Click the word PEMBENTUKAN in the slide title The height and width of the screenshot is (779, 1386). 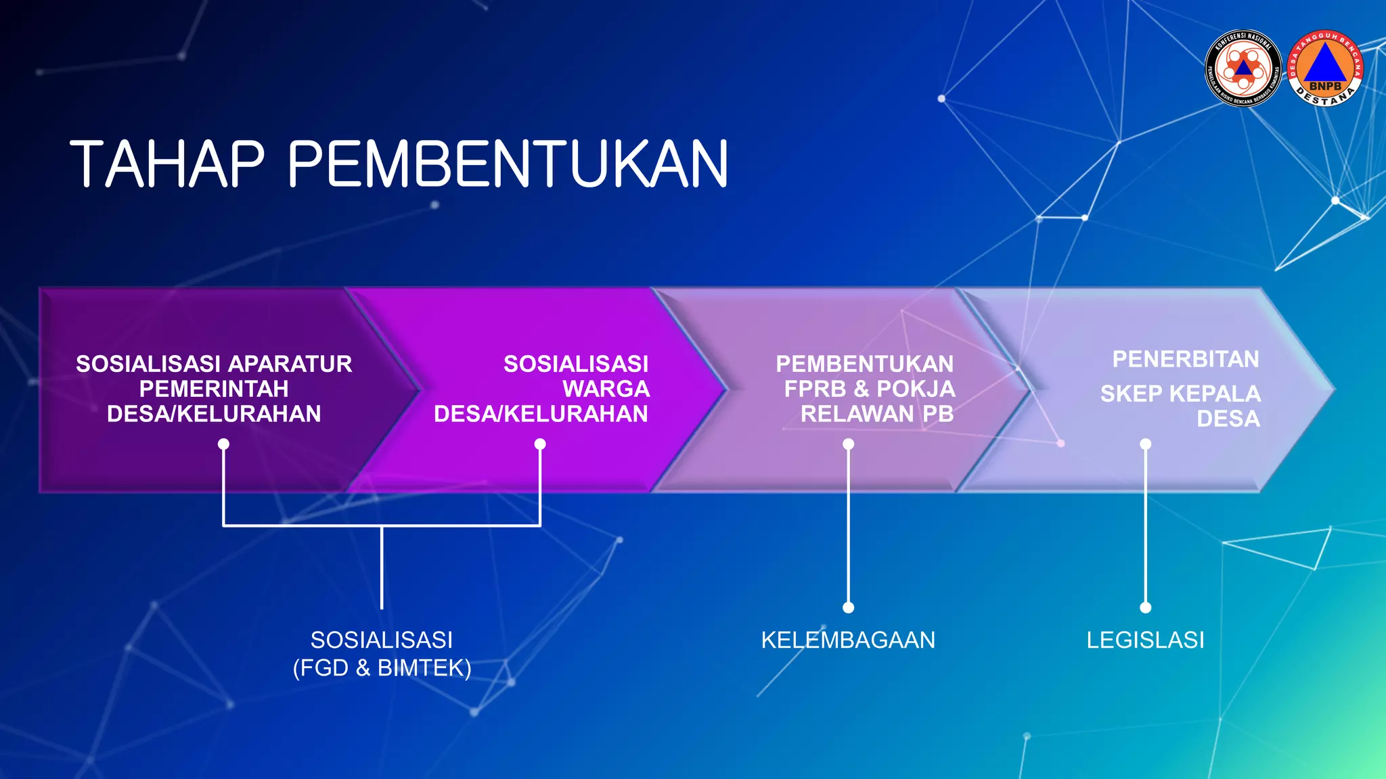(x=508, y=164)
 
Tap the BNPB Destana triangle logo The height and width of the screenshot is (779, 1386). (x=1324, y=68)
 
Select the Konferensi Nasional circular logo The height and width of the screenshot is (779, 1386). (x=1243, y=68)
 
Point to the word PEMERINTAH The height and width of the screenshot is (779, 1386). (x=214, y=389)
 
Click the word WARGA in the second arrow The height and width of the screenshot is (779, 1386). (x=606, y=389)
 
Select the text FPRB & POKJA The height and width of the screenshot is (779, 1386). (x=870, y=389)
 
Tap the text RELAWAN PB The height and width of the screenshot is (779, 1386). (x=877, y=414)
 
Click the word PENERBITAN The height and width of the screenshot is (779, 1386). (x=1186, y=359)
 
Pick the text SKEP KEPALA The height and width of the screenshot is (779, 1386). (x=1180, y=394)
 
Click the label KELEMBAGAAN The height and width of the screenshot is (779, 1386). (x=848, y=640)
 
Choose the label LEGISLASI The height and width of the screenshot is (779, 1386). (x=1145, y=640)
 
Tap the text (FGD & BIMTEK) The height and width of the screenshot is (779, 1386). (x=382, y=668)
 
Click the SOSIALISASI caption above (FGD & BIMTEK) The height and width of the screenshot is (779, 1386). (x=382, y=640)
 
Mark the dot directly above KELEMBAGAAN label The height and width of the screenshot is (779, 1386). (x=848, y=607)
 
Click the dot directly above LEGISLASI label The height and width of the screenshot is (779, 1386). (x=1145, y=607)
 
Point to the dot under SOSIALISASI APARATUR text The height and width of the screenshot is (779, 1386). (x=223, y=444)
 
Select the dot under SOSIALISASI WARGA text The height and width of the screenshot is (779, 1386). (x=540, y=444)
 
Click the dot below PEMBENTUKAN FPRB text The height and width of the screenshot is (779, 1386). (x=848, y=444)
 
